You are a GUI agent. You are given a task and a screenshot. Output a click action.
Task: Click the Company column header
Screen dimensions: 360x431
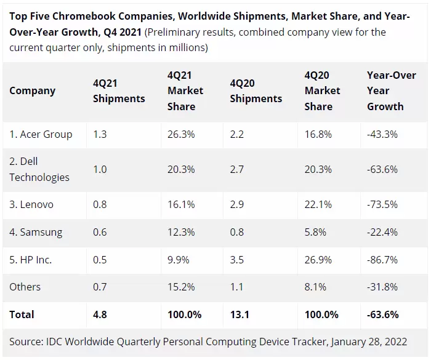(32, 91)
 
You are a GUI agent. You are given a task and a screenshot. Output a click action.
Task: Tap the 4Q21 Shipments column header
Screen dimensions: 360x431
(119, 91)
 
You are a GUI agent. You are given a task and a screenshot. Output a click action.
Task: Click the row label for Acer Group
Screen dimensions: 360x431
(41, 134)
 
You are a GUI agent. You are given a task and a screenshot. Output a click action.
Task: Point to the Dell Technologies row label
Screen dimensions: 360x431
(39, 169)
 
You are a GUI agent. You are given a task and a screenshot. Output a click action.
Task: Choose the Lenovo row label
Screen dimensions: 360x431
(31, 204)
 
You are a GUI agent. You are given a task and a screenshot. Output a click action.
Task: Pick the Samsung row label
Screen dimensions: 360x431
(36, 232)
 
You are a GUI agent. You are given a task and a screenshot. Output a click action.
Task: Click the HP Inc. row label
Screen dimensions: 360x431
(30, 260)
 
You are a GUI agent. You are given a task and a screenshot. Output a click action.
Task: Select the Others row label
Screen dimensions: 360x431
(25, 287)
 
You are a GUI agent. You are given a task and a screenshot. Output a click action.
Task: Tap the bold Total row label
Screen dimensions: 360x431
(22, 314)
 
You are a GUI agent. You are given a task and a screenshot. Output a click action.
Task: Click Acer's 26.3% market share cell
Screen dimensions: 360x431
(180, 134)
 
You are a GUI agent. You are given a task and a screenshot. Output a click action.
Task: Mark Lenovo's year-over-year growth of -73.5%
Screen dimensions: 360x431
(382, 204)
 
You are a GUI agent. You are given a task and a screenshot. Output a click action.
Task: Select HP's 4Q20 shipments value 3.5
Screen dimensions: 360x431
(237, 260)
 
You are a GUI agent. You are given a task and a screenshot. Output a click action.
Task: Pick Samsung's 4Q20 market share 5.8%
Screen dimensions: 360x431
(315, 232)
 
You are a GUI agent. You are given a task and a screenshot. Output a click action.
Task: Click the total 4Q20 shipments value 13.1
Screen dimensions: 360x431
(239, 314)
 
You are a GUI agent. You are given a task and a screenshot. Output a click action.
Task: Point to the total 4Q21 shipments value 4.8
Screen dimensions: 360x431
(100, 314)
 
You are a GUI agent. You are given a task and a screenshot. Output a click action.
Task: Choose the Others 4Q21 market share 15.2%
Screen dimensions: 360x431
(180, 287)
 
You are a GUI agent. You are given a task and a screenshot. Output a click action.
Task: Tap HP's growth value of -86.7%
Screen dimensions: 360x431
(382, 260)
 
